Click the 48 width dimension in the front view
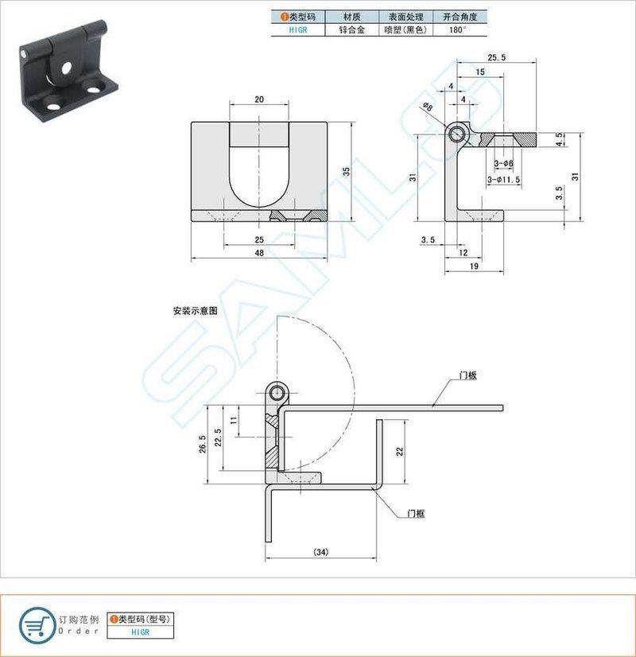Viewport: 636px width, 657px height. coord(259,253)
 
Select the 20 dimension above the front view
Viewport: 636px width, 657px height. coord(259,99)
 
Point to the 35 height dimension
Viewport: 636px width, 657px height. coord(347,171)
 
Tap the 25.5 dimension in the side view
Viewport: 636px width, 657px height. coord(497,57)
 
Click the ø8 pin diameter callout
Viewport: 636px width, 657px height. coord(428,107)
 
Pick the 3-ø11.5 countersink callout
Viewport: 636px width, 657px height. coord(504,180)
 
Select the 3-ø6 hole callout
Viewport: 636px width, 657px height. coord(504,163)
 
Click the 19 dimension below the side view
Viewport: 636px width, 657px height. coord(474,266)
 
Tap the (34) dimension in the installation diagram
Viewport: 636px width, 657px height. coord(321,552)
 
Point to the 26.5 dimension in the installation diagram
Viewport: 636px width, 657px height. coord(203,444)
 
